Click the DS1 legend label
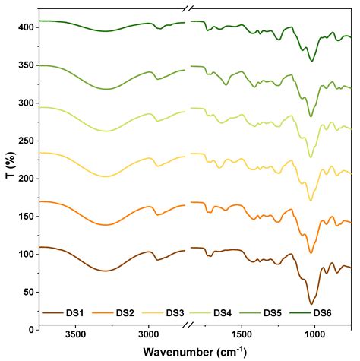click(75, 313)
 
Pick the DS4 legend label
click(224, 313)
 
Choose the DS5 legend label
click(273, 313)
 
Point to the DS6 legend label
click(323, 313)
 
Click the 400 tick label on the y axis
click(25, 27)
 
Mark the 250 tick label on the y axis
click(25, 141)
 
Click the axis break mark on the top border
click(188, 8)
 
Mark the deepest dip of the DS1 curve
click(311, 304)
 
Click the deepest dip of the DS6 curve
click(311, 61)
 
